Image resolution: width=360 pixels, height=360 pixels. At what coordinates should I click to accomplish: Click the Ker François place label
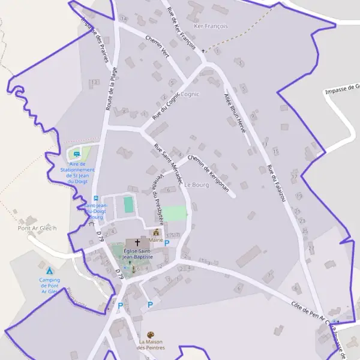click(212, 27)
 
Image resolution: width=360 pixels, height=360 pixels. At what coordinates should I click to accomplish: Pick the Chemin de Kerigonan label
click(208, 174)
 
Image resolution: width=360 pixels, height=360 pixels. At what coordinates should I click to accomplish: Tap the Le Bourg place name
click(196, 184)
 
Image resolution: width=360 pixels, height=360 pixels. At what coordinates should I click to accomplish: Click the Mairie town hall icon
click(157, 232)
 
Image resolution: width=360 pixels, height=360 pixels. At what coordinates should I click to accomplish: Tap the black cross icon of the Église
click(137, 243)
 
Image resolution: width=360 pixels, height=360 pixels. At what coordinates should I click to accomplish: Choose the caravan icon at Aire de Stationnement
click(77, 154)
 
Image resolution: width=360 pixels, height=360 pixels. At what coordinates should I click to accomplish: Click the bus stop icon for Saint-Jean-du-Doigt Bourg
click(95, 199)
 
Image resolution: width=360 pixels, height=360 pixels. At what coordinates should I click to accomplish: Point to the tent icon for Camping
click(50, 271)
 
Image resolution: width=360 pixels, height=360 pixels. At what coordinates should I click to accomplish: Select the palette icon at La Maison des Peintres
click(151, 335)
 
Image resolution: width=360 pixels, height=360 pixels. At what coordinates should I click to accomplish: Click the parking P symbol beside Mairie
click(167, 243)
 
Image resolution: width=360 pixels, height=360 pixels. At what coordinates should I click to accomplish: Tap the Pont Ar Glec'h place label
click(37, 229)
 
